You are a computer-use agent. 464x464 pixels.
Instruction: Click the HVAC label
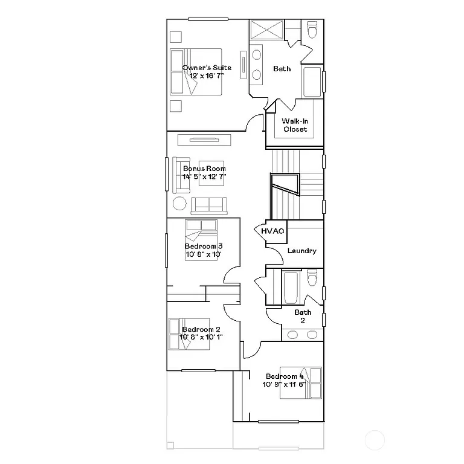tap(272, 230)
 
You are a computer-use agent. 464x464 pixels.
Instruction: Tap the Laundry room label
tap(301, 251)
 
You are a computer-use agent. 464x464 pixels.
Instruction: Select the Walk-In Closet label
tap(295, 125)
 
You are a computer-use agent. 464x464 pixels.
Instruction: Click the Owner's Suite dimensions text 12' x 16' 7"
tap(207, 77)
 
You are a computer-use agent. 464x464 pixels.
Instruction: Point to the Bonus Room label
tap(204, 169)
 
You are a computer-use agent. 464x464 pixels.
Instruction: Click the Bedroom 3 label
tap(204, 246)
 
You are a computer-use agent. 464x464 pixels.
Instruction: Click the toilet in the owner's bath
tap(312, 30)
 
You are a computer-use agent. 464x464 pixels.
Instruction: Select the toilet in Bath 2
tap(312, 278)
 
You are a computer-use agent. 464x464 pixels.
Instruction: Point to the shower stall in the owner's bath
tap(266, 30)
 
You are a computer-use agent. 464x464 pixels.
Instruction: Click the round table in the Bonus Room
tap(180, 202)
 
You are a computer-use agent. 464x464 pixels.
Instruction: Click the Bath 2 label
tap(303, 316)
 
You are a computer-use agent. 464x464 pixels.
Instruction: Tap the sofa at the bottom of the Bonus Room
tap(208, 206)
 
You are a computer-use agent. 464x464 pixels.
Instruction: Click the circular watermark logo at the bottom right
tap(375, 439)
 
